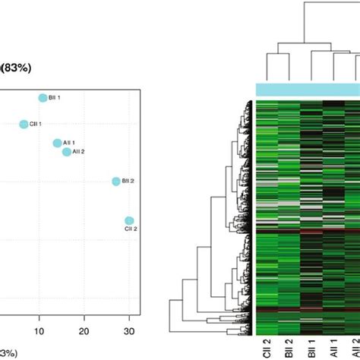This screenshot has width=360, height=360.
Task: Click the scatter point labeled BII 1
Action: click(x=43, y=98)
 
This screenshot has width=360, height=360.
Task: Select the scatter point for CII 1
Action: click(x=24, y=124)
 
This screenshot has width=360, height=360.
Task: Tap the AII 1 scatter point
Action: click(x=57, y=143)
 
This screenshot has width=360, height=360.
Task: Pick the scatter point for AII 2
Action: click(x=67, y=152)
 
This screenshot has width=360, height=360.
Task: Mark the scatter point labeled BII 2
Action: click(x=116, y=182)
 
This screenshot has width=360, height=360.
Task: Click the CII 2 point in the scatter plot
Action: click(x=129, y=221)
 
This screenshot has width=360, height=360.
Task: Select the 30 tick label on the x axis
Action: click(x=129, y=331)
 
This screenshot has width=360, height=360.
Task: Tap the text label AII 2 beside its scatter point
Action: click(x=81, y=152)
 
